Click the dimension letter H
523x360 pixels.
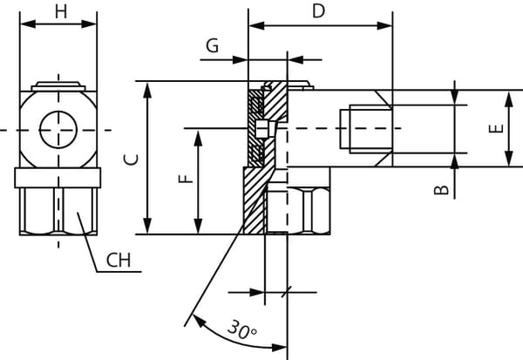pos(59,11)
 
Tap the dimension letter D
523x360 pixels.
pos(318,11)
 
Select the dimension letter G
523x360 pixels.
pos(212,45)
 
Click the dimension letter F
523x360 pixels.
pos(185,180)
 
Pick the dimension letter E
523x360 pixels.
pos(497,128)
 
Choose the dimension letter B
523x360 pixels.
pos(443,187)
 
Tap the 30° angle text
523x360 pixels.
pos(241,330)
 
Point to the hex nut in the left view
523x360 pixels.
pos(58,210)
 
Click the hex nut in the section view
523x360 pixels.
pos(299,210)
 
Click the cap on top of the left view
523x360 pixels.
pos(58,86)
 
